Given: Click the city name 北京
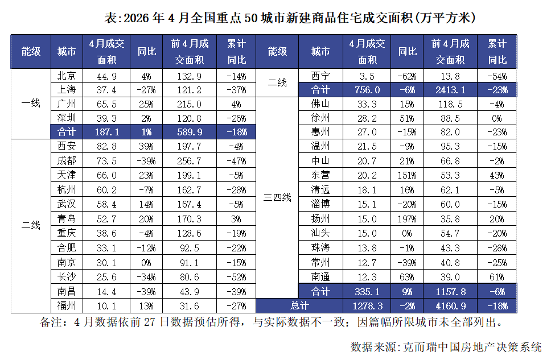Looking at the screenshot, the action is click(x=67, y=76).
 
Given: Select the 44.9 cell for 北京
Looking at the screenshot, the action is click(x=106, y=76).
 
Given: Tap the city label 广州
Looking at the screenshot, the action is click(x=67, y=104).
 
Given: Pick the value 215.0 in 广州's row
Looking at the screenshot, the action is click(x=190, y=104).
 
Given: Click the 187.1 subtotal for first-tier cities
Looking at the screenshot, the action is click(x=107, y=133).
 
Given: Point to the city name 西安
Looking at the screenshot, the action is click(x=67, y=146).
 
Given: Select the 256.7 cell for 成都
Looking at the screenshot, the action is click(x=190, y=162).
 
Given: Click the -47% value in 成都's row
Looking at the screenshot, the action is click(x=236, y=162).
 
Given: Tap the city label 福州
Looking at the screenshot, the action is click(x=67, y=305).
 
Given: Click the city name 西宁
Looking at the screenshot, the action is click(x=320, y=76).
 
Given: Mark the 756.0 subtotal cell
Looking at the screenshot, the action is click(x=367, y=90).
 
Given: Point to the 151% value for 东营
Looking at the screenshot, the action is click(x=407, y=175).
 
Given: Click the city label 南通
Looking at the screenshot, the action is click(x=320, y=277).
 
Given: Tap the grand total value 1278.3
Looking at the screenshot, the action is click(x=367, y=306).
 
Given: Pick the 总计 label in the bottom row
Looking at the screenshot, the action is click(x=300, y=305).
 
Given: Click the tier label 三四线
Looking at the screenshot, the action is click(x=277, y=197).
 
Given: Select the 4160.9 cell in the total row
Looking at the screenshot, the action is click(x=451, y=306).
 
